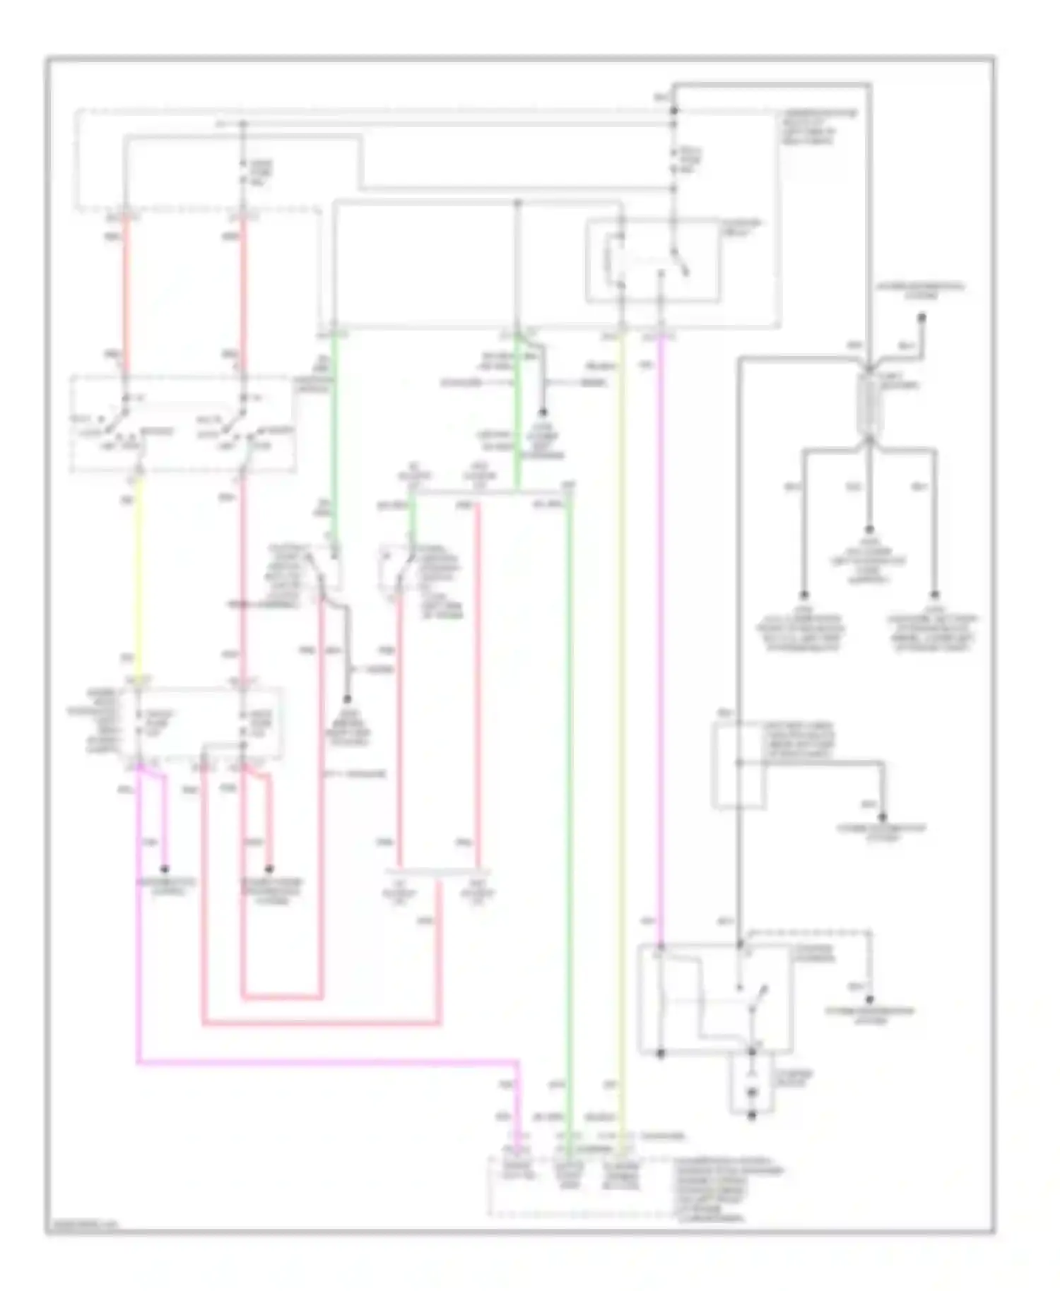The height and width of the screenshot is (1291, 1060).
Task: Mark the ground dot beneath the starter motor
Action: point(752,1115)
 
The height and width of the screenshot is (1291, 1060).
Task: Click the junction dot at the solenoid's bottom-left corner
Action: point(661,1053)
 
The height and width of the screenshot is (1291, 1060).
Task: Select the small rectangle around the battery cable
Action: point(738,766)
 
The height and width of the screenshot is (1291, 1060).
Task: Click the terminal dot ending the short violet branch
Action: point(165,869)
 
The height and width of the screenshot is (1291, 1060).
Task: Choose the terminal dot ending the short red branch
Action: point(269,869)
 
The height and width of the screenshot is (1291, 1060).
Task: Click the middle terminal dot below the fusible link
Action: point(868,530)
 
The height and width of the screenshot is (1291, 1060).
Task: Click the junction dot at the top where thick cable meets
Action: point(674,111)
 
